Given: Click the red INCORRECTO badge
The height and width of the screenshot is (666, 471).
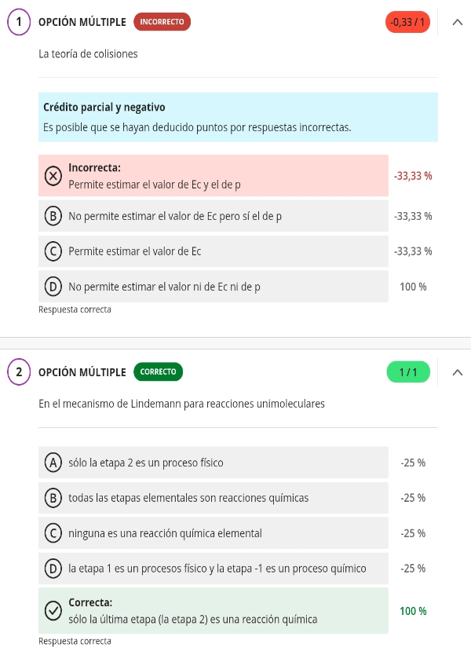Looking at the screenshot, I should click(162, 22).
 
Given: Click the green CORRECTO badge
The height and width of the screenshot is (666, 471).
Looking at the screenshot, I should click(159, 371).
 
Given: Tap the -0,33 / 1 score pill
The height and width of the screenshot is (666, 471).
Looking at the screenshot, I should click(408, 22).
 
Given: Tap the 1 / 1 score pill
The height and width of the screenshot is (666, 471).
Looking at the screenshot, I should click(408, 371).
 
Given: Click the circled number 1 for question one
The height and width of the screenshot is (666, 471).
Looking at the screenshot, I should click(18, 22).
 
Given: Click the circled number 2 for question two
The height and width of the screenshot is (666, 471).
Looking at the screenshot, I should click(18, 371).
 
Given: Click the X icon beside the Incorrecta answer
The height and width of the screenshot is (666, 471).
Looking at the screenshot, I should click(53, 176).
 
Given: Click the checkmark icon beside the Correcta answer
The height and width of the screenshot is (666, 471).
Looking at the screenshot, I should click(53, 611).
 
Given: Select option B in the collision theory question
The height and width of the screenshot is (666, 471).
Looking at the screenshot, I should click(53, 216).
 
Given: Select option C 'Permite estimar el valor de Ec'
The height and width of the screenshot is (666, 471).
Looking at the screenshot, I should click(53, 251).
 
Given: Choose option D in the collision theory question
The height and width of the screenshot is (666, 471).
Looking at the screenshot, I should click(53, 287).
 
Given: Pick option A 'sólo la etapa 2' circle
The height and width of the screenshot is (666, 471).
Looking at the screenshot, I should click(53, 463).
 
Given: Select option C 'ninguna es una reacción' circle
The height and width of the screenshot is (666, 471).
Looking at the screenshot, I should click(53, 533).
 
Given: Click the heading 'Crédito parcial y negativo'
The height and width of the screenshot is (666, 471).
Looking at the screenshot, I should click(104, 107).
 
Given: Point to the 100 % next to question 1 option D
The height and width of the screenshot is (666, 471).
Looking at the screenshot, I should click(413, 287).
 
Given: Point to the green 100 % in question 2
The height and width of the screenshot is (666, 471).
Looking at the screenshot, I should click(413, 610).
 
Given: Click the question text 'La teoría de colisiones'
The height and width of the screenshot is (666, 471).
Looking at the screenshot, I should click(88, 54).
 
